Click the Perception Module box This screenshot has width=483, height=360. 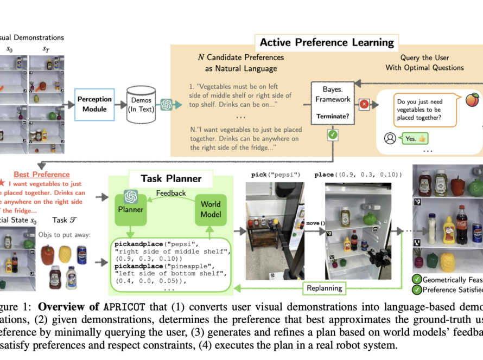(94, 104)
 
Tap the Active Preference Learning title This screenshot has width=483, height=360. (326, 42)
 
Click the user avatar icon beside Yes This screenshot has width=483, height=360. (390, 138)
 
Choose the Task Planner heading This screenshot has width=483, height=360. (171, 178)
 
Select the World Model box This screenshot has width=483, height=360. (211, 209)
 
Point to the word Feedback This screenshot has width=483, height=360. (171, 194)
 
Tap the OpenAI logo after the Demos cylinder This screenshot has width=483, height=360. (166, 105)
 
